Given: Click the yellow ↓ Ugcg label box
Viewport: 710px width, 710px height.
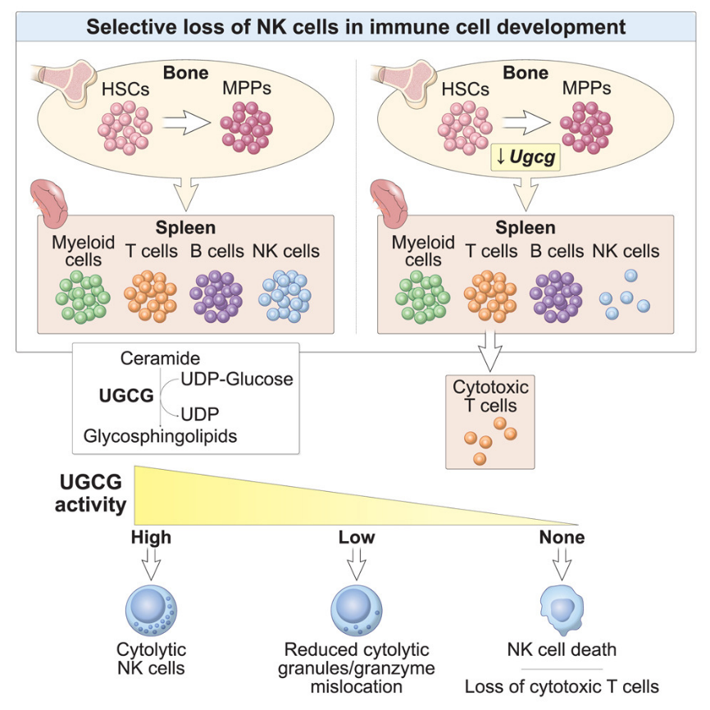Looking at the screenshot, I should coord(524,155).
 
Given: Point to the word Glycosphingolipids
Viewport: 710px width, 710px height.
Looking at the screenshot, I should coord(160,436).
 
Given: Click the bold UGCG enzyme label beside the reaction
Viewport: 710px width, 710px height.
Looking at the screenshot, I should coord(125,396).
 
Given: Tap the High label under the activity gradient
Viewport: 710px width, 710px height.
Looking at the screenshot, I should coord(152,538).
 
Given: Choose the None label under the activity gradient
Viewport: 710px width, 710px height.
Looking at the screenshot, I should coord(562,538).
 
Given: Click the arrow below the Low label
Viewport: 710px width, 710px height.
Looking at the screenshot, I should coord(357,563).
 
